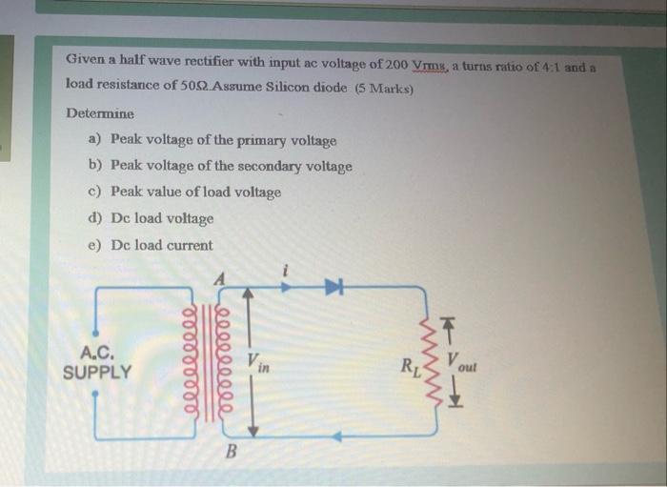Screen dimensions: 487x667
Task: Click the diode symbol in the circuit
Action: (333, 285)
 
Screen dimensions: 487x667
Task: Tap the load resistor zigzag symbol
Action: (440, 363)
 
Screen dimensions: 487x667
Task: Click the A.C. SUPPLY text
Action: (98, 363)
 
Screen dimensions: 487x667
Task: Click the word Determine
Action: (100, 113)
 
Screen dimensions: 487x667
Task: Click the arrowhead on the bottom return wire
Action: (338, 436)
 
